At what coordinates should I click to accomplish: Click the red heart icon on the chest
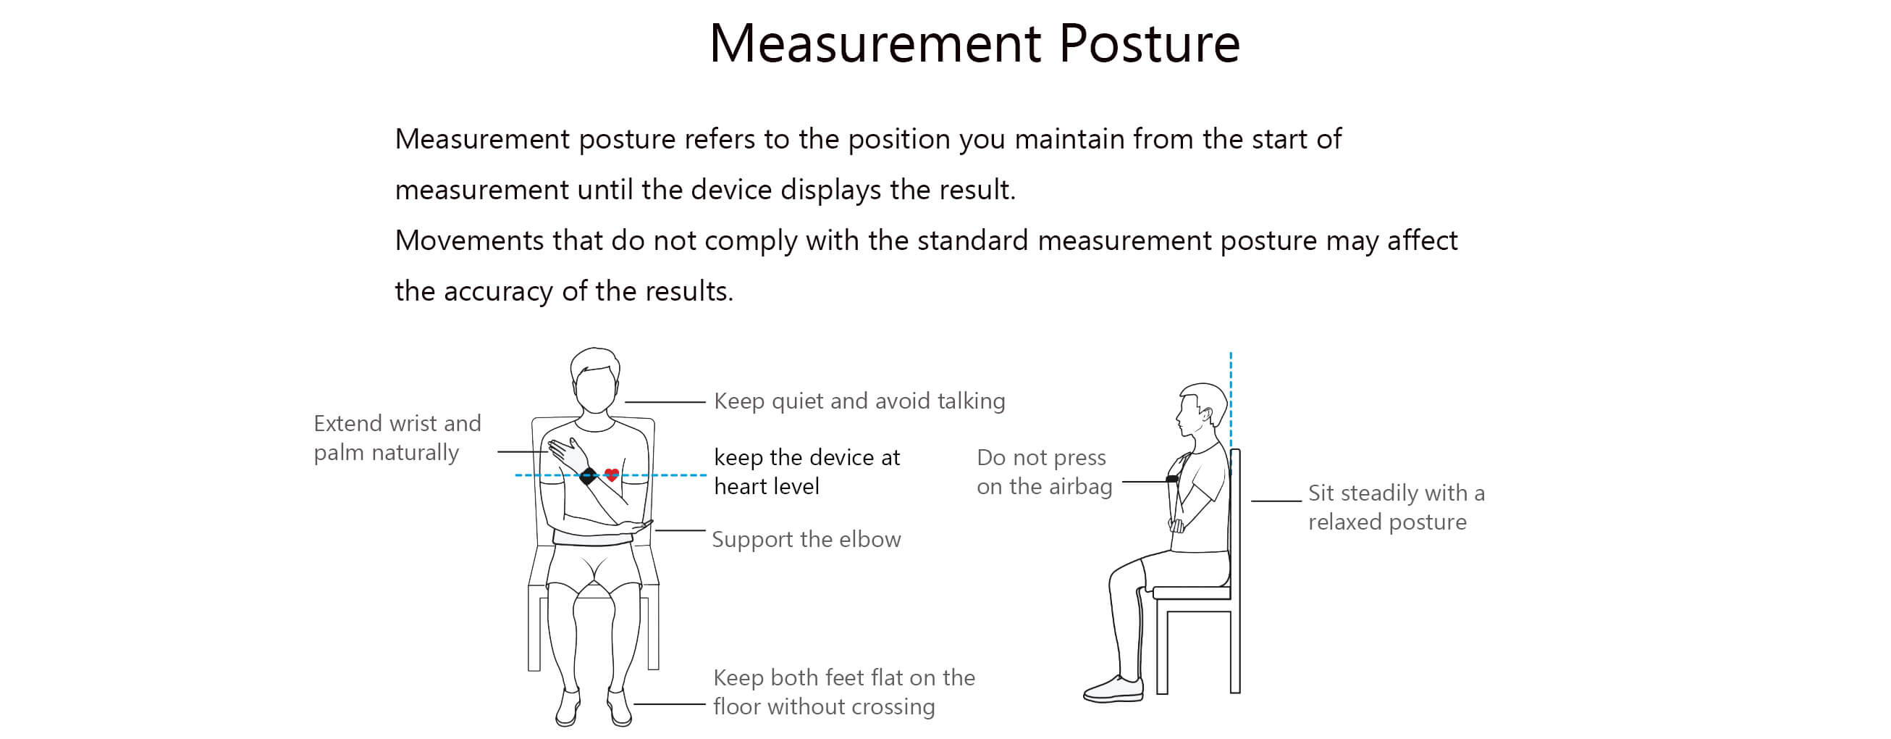click(612, 475)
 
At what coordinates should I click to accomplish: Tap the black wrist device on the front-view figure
click(588, 476)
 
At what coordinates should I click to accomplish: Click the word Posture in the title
click(1149, 43)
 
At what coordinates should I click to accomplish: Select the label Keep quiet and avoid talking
click(859, 401)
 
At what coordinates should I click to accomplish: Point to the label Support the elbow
click(806, 539)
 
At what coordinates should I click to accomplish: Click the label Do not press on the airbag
click(1044, 472)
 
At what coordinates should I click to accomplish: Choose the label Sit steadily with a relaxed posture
click(1396, 507)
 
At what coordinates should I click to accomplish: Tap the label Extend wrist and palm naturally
click(397, 438)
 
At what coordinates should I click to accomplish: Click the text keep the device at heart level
click(806, 472)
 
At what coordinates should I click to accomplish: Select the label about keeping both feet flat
click(844, 691)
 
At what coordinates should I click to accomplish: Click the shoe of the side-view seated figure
click(1113, 689)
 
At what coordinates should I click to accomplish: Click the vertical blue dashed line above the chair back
click(1231, 401)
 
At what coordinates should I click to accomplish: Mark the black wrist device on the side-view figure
click(1172, 479)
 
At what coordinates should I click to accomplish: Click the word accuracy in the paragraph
click(498, 292)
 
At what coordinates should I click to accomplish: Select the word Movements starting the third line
click(469, 241)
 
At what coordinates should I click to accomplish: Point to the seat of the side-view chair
click(1192, 592)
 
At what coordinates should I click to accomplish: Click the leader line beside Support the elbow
click(680, 530)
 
